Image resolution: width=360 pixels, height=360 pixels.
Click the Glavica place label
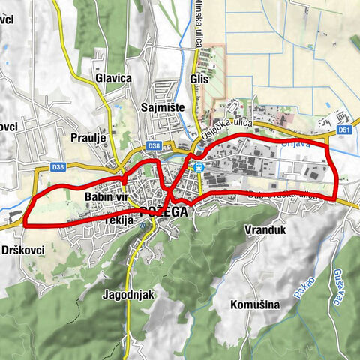point(114,77)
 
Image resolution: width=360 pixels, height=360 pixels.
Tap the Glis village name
point(199,77)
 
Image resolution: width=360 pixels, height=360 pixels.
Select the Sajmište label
point(163,107)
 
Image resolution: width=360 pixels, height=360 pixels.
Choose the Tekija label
point(118,221)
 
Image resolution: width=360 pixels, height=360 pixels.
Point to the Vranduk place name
point(266,231)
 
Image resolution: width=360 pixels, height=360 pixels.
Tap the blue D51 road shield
point(344,130)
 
